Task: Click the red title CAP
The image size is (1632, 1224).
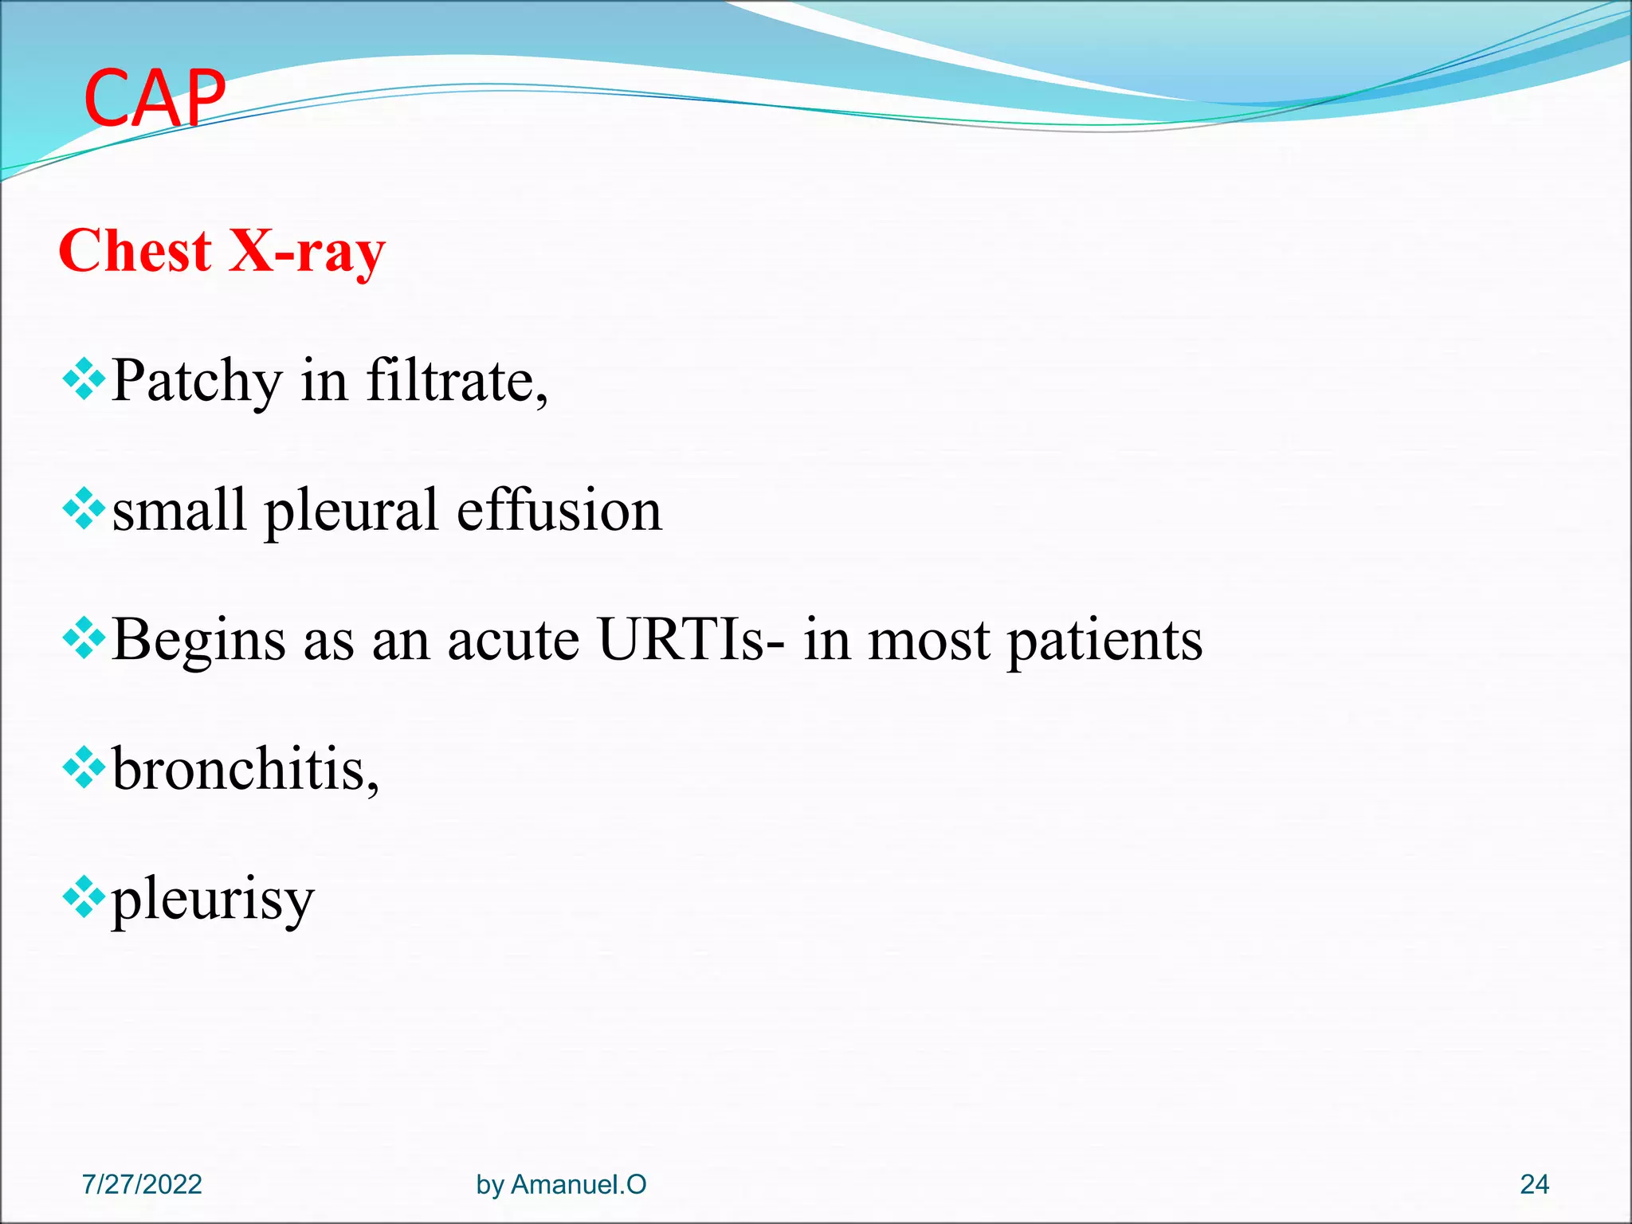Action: coord(155,98)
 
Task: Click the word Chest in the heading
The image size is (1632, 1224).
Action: coord(135,251)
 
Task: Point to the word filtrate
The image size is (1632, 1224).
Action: coord(456,380)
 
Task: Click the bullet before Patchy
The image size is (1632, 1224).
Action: coord(84,379)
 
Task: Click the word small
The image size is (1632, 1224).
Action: coord(178,510)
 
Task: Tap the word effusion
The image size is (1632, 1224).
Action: coord(559,510)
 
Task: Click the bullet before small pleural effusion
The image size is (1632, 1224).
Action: coord(84,509)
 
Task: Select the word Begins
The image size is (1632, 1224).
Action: coord(198,641)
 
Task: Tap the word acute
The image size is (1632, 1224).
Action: coord(513,641)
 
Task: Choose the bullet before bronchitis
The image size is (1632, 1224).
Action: coord(84,768)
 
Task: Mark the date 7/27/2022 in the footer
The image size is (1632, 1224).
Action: coord(142,1184)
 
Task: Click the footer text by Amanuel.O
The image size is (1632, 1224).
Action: coord(561,1184)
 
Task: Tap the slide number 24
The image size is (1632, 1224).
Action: coord(1534,1184)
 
